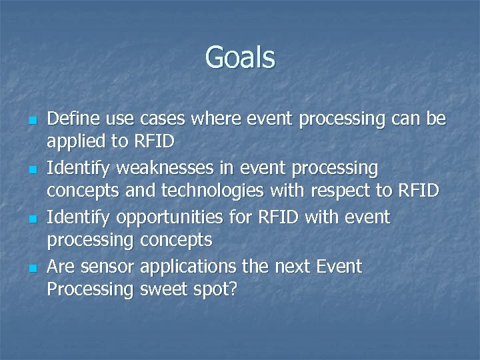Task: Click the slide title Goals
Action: (240, 57)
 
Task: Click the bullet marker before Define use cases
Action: (31, 121)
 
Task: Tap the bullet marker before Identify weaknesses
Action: (31, 171)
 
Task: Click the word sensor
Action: (109, 267)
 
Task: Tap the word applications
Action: (189, 267)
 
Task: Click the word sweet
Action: (164, 289)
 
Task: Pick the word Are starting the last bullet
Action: (61, 267)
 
